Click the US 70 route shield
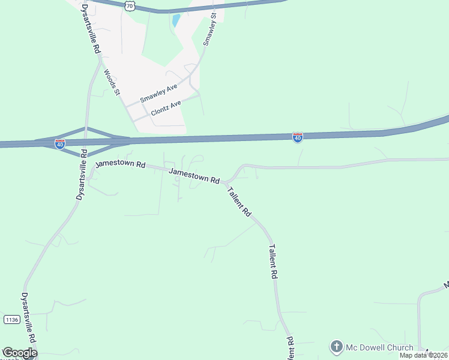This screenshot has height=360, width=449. point(130,5)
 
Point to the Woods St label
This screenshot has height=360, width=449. point(112,82)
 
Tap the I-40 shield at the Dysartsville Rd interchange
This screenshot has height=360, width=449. point(59,144)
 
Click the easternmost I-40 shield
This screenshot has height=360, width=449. point(298,137)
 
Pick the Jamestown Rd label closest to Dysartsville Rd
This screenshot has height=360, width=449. point(121,164)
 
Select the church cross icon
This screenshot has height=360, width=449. point(337,347)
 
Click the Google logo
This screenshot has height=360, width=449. point(19,353)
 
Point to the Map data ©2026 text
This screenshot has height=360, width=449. point(423,355)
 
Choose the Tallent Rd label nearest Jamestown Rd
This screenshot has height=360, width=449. point(239,202)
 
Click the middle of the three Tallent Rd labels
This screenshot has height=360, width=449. point(273,261)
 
